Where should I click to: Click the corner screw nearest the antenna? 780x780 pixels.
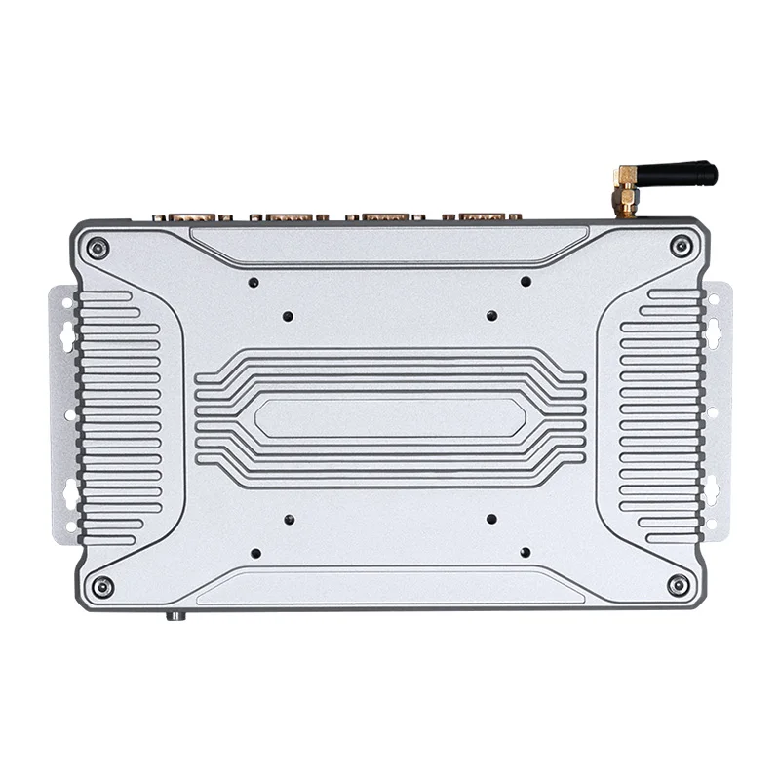pyautogui.click(x=681, y=247)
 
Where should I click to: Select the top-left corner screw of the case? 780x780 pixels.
pyautogui.click(x=96, y=247)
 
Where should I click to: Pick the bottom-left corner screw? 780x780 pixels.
pyautogui.click(x=101, y=586)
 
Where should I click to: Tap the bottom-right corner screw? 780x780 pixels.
pyautogui.click(x=677, y=585)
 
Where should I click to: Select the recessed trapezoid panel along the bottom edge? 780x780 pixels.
pyautogui.click(x=390, y=590)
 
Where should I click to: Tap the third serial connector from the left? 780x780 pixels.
pyautogui.click(x=383, y=214)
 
